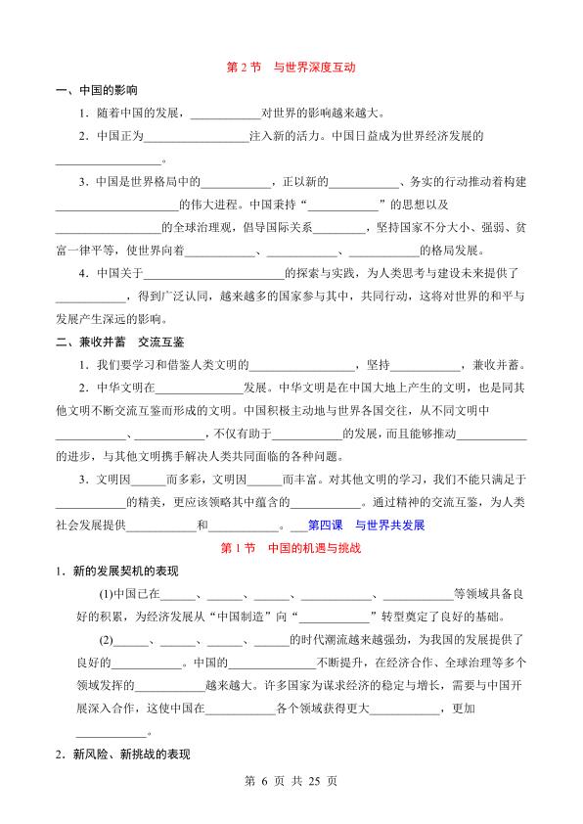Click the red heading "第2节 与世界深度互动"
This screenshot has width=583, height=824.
291,69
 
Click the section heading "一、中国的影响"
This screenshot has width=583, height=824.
95,90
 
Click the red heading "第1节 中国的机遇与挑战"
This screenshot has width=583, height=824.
291,548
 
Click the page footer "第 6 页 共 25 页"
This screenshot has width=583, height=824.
291,782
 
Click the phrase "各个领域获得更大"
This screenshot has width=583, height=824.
323,708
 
